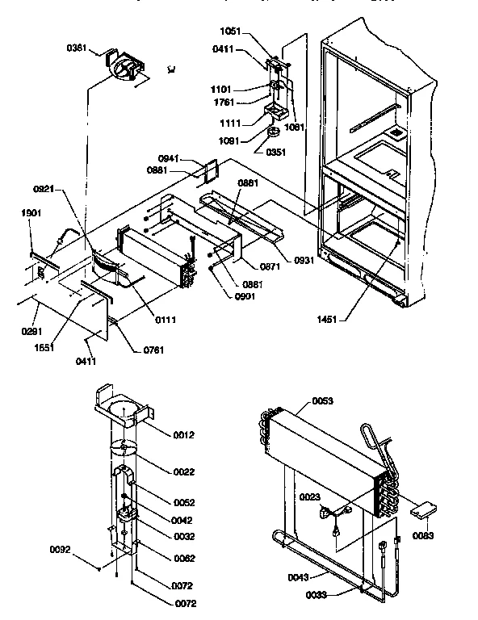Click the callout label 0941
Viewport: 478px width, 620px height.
(169, 158)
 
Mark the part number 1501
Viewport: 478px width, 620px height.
(31, 213)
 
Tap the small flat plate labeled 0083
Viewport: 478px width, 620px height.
(424, 511)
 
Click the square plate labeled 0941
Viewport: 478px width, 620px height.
(212, 170)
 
